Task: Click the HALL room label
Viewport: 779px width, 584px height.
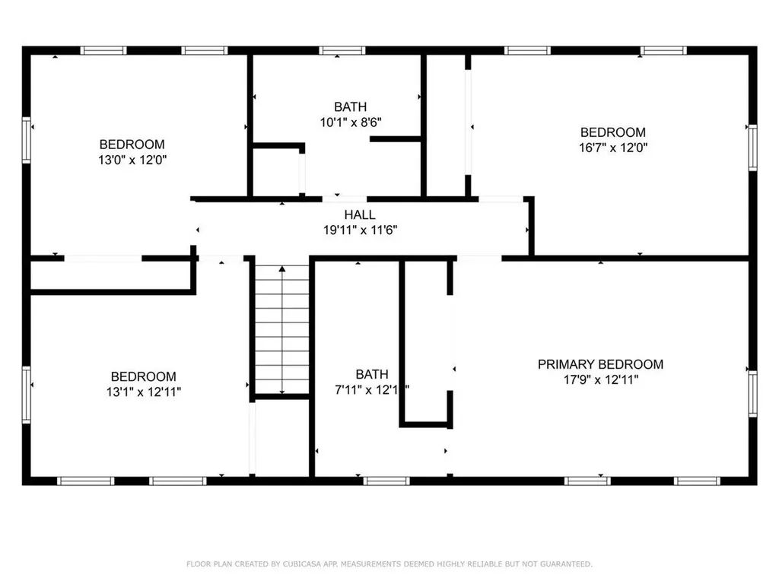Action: coord(359,215)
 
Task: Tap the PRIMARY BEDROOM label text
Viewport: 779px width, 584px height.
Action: coord(600,364)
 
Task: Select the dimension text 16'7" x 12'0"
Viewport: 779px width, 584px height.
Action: coord(612,148)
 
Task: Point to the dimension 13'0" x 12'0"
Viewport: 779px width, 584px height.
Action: coord(132,160)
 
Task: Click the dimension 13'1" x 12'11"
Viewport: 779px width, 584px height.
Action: coord(143,392)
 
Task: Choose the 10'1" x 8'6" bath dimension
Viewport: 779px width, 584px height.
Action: coord(350,122)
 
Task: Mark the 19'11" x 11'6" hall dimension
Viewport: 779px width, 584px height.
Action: coord(359,230)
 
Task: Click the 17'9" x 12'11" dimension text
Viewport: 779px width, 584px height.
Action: coord(600,380)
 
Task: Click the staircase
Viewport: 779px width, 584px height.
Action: coord(282,331)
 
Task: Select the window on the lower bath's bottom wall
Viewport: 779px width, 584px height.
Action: coord(387,481)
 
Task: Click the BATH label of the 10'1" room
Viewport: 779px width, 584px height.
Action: coord(350,106)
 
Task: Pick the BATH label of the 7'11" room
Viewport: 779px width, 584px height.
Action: coord(372,374)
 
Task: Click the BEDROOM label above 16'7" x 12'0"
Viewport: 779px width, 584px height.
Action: coord(612,132)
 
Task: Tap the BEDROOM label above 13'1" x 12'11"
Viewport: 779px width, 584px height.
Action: coord(143,376)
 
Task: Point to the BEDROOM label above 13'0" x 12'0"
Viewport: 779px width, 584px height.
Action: coord(132,144)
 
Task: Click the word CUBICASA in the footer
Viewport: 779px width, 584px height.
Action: coord(303,563)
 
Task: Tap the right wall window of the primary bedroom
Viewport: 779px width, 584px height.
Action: coord(752,394)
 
